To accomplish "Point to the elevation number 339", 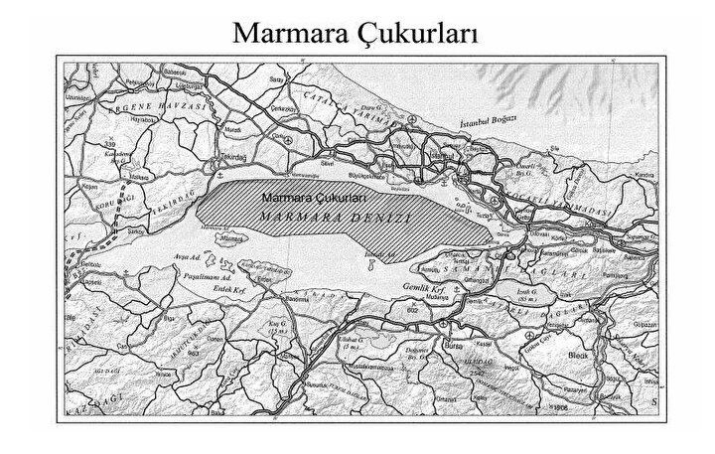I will coord(107,146).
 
